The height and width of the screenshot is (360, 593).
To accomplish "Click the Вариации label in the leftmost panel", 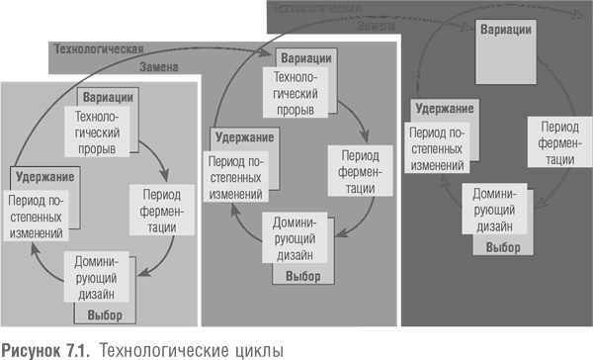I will pyautogui.click(x=110, y=97).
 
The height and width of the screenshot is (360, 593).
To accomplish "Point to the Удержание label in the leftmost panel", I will pyautogui.click(x=43, y=176).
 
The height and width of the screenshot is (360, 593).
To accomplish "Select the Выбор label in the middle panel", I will pyautogui.click(x=303, y=274).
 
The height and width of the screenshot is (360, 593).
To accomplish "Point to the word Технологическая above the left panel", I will pyautogui.click(x=98, y=47).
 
